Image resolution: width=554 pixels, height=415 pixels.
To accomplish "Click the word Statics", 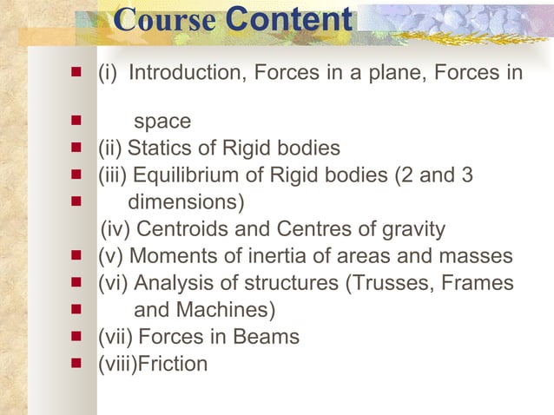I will (182, 148).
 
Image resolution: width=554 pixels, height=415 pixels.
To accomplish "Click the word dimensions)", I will (186, 202).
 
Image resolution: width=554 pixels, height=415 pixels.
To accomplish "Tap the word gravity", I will (412, 229).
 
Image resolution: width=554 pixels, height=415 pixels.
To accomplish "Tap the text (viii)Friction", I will (153, 364).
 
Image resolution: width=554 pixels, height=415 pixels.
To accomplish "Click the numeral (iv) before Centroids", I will (116, 229).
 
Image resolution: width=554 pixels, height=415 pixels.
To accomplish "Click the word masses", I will (479, 256).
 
